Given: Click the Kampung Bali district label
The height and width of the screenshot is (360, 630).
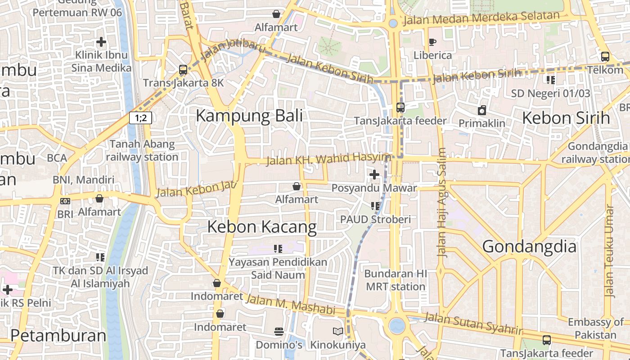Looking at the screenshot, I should pos(249,116).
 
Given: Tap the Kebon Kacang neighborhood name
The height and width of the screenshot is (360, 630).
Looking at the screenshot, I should pos(262,227).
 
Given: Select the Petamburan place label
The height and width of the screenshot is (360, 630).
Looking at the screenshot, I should pos(58,336).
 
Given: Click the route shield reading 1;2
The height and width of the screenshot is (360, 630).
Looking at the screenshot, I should pos(140,118).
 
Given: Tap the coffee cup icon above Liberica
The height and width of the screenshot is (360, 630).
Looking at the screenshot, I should pos(432,42).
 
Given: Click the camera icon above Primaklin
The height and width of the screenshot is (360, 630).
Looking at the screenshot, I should pos(482,110).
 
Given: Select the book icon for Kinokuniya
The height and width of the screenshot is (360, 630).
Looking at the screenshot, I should pos(337,332).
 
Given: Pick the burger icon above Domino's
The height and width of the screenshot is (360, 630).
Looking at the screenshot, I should pos(279,332).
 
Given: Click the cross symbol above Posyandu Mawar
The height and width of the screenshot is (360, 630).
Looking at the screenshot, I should pos(374,175).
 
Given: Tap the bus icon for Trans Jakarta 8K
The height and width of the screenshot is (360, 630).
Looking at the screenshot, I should pos(183,70).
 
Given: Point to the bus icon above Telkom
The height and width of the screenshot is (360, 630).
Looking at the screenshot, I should pos(605,57).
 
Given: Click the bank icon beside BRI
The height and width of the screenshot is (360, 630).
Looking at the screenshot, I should pos(65,201).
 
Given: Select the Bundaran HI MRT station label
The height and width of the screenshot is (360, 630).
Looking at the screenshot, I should pos(396,280).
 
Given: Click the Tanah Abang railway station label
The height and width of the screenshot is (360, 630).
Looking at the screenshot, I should pos(142,151).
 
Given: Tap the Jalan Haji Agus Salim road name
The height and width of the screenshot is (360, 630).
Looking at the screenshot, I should pos(442,202).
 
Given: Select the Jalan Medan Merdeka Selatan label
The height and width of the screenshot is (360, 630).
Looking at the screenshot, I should pos(481,18).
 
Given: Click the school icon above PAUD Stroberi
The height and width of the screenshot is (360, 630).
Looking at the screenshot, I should pos(375,206).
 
